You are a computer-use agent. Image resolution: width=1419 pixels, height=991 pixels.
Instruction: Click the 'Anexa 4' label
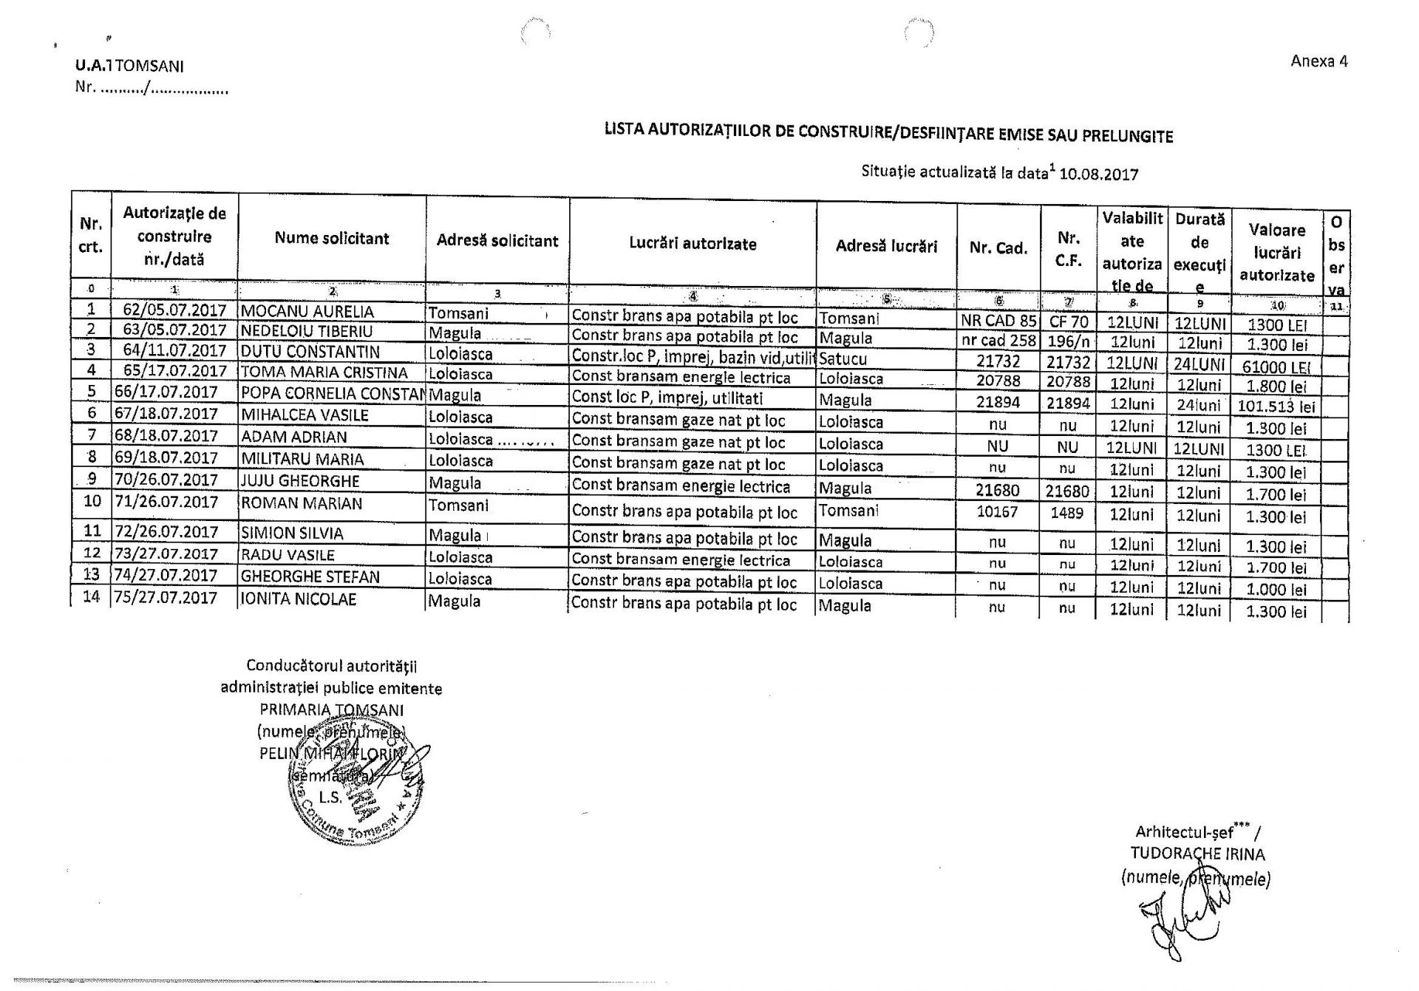pos(1318,61)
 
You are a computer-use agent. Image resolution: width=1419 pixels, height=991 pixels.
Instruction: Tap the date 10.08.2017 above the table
pos(1098,174)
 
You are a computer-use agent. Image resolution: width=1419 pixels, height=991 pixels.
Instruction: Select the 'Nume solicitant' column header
pos(331,238)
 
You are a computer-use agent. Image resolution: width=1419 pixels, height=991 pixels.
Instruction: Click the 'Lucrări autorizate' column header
pos(693,244)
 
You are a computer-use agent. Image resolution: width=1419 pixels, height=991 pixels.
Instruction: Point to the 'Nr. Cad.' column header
pos(998,248)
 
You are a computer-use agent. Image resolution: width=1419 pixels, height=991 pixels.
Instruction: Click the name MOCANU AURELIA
pos(307,312)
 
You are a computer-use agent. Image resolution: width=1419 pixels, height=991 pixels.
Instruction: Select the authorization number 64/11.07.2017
pos(174,350)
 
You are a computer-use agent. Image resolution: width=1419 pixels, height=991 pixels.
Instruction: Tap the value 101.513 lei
pos(1276,406)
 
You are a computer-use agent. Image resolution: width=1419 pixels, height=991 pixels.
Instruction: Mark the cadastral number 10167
pos(997,511)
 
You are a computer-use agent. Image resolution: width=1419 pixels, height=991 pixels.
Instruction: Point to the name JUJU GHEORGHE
pos(300,481)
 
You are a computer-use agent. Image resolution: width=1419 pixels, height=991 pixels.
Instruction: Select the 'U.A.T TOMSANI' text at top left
pos(129,66)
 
